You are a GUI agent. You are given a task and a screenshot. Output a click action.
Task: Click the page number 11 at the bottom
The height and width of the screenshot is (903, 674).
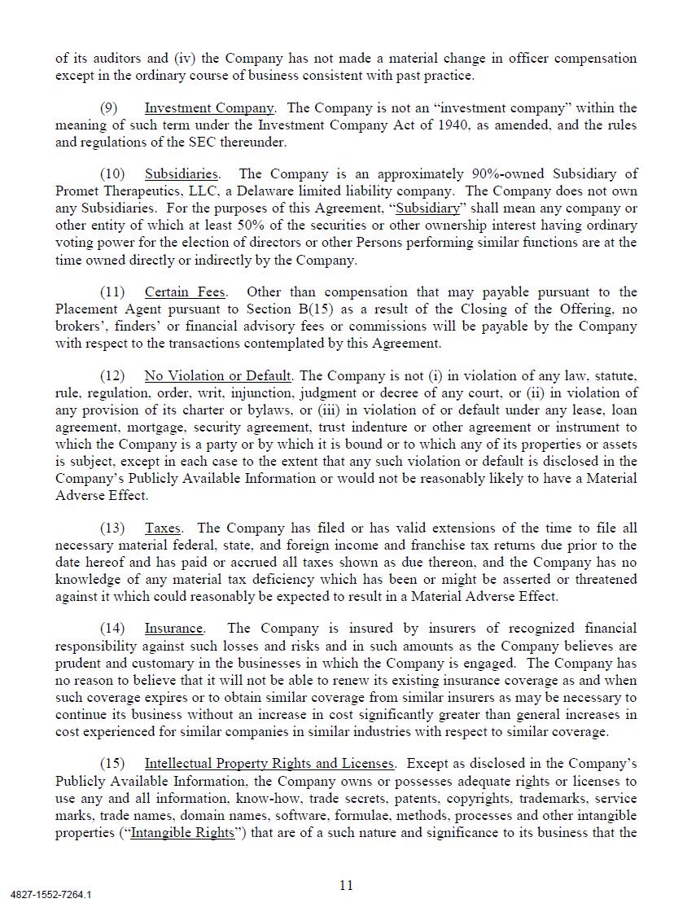346,885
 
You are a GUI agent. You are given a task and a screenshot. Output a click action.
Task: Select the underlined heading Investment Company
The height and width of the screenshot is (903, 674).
209,108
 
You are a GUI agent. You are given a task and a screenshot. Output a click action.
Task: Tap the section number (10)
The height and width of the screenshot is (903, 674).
112,174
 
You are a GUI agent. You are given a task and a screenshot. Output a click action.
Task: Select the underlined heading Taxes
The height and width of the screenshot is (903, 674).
164,528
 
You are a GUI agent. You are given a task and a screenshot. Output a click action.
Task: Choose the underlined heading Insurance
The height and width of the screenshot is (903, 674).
173,629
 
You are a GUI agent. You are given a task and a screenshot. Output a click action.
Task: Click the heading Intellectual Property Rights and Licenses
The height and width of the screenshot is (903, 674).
269,764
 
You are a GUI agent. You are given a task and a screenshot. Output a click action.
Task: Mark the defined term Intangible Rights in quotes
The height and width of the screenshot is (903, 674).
182,833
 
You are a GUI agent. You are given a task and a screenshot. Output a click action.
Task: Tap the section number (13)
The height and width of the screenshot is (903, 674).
112,528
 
